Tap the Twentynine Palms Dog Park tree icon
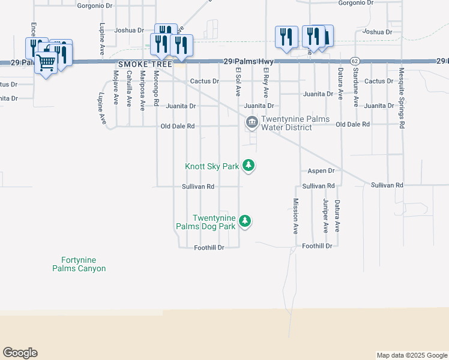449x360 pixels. (x=244, y=221)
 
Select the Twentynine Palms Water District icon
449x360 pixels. (x=251, y=123)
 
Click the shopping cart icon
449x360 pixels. (x=46, y=62)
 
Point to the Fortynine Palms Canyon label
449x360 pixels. (x=83, y=265)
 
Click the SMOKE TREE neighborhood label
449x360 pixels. (x=145, y=64)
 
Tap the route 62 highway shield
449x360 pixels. (x=355, y=61)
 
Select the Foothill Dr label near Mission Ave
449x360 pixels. (x=317, y=246)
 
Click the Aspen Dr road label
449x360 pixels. (x=321, y=171)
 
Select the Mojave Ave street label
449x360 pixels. (x=115, y=88)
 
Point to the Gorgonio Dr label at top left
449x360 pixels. (x=95, y=5)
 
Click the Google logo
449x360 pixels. (x=20, y=353)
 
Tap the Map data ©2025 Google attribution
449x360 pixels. (x=412, y=355)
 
